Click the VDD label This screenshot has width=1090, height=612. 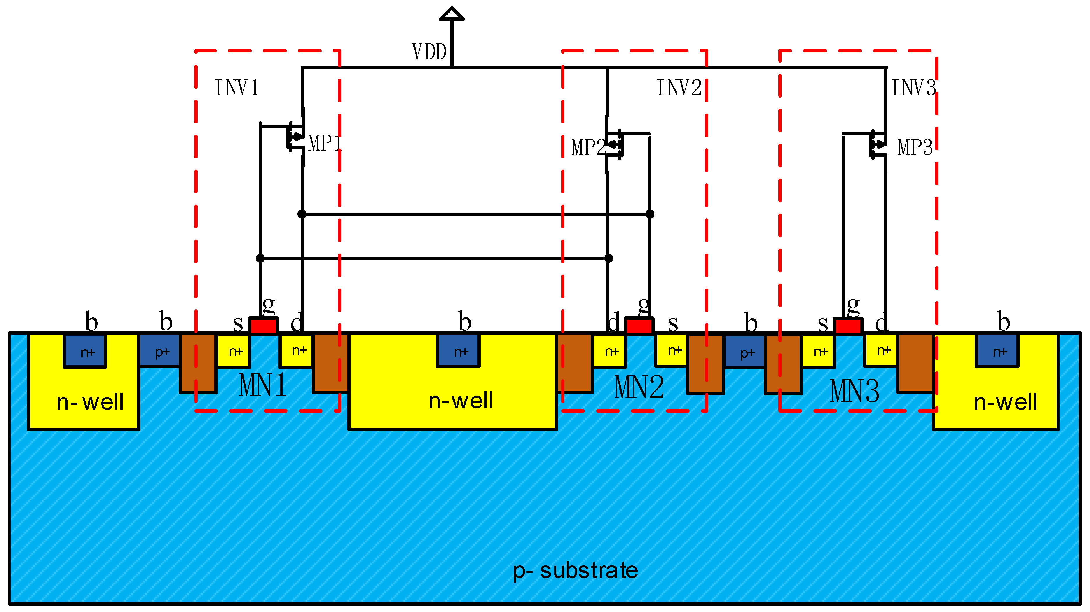pyautogui.click(x=429, y=52)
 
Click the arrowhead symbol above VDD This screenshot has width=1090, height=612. pyautogui.click(x=452, y=14)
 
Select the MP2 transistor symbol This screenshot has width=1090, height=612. pyautogui.click(x=614, y=144)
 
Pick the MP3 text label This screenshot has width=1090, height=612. pyautogui.click(x=915, y=147)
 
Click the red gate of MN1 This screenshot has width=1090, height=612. pyautogui.click(x=264, y=326)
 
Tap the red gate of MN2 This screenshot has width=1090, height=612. pyautogui.click(x=639, y=326)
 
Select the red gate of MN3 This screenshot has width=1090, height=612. pyautogui.click(x=848, y=326)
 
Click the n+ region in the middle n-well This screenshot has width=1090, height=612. pyautogui.click(x=458, y=351)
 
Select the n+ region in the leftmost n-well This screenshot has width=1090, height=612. pyautogui.click(x=85, y=351)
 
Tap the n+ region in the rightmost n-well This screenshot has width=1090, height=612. pyautogui.click(x=997, y=351)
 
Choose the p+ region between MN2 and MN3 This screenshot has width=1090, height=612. pyautogui.click(x=745, y=352)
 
